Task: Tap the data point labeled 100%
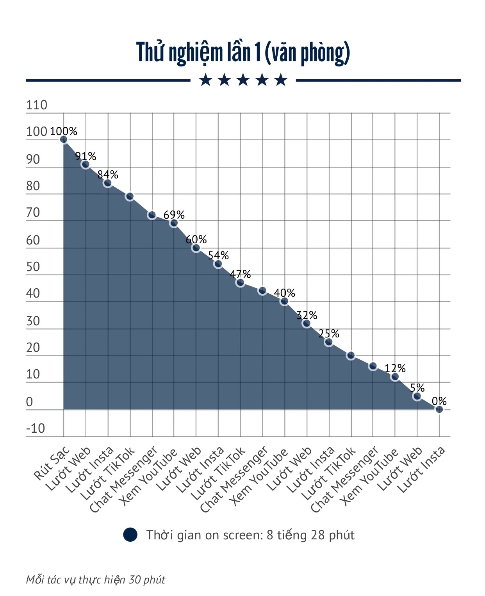pyautogui.click(x=64, y=139)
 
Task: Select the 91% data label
pyautogui.click(x=86, y=156)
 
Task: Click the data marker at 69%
pyautogui.click(x=174, y=223)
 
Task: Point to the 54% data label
pyautogui.click(x=218, y=255)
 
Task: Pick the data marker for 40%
pyautogui.click(x=284, y=301)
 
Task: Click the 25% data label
pyautogui.click(x=329, y=334)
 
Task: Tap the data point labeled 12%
pyautogui.click(x=395, y=377)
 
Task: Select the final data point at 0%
pyautogui.click(x=439, y=409)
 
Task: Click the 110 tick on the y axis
pyautogui.click(x=36, y=105)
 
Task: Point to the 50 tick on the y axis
pyautogui.click(x=33, y=267)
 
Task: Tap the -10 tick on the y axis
pyautogui.click(x=35, y=428)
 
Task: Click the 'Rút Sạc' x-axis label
pyautogui.click(x=52, y=464)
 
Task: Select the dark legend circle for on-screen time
pyautogui.click(x=130, y=535)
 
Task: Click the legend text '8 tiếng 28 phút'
pyautogui.click(x=310, y=535)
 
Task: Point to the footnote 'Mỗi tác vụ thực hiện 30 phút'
pyautogui.click(x=96, y=580)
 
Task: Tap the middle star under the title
pyautogui.click(x=243, y=80)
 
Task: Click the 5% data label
pyautogui.click(x=417, y=387)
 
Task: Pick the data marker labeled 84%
pyautogui.click(x=107, y=183)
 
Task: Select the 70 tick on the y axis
pyautogui.click(x=33, y=212)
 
